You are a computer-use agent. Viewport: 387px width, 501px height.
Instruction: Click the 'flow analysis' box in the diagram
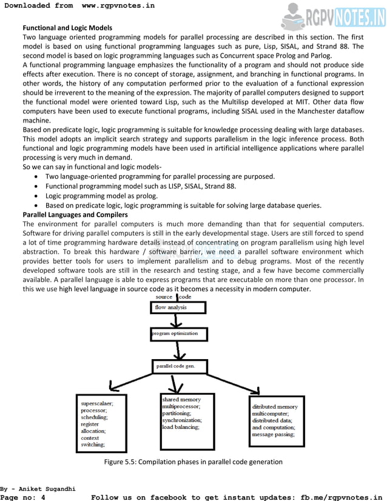click(177, 308)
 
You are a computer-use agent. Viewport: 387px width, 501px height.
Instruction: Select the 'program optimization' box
click(178, 334)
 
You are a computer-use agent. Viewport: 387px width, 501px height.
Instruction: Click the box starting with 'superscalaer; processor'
click(101, 423)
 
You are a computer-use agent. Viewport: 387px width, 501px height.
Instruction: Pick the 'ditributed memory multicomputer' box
click(276, 420)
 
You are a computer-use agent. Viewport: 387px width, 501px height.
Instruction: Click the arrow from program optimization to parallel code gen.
click(177, 350)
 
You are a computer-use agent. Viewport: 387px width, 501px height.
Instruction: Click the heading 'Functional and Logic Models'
click(67, 28)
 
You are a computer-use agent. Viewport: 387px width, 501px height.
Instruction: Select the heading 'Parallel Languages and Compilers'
click(75, 215)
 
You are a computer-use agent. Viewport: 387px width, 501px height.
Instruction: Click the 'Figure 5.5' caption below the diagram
click(193, 462)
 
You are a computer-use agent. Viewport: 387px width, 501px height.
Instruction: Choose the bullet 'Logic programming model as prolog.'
click(101, 195)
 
